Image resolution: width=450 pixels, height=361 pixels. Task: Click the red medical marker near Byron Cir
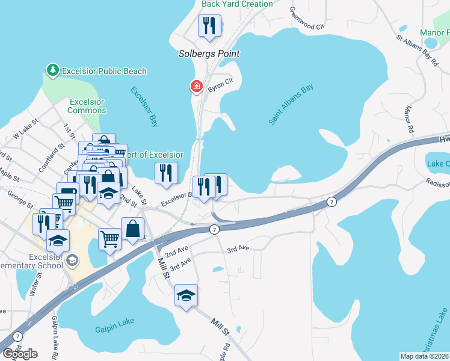[x=196, y=87]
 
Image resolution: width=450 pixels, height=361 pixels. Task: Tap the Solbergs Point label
[x=209, y=54]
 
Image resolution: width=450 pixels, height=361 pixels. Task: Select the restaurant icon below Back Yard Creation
[x=209, y=25]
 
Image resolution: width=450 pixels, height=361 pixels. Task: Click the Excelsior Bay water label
[x=144, y=106]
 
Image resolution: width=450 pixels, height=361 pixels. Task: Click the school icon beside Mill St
[x=186, y=295]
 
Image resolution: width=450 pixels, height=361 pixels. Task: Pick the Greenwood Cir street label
[x=307, y=19]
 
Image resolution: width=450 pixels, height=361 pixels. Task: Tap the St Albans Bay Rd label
[x=416, y=48]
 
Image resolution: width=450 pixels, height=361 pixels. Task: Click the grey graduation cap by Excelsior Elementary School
[x=72, y=259]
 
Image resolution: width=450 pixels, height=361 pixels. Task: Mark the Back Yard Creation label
[x=237, y=4]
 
